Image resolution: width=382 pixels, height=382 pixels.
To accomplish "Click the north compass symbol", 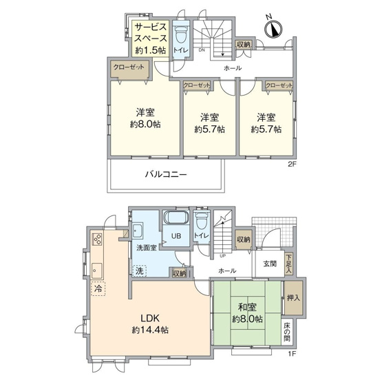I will [273, 29].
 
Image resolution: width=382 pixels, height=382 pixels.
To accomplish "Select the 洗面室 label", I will [145, 246].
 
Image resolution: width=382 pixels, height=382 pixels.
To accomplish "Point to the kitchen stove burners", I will [97, 240].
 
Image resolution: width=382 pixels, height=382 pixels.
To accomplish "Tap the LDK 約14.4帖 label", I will [151, 323].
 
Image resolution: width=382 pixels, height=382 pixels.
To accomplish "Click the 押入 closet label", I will [293, 299].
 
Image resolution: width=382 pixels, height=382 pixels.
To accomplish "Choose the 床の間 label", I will [286, 332].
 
